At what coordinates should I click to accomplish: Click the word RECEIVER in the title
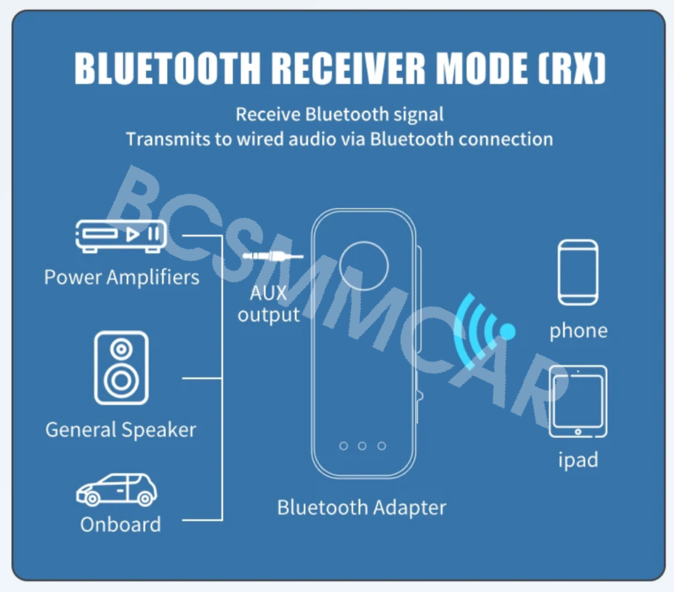[348, 68]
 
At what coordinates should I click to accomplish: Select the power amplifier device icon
[121, 236]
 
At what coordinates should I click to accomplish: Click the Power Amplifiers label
[122, 277]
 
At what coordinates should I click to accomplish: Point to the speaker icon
[121, 367]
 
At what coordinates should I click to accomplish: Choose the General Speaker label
[121, 430]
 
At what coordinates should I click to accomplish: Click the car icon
[117, 490]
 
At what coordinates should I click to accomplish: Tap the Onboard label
[120, 525]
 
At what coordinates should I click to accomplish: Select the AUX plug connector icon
[272, 256]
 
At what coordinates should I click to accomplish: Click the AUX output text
[268, 304]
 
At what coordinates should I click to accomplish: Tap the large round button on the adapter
[364, 266]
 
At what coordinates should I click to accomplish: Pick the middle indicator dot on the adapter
[362, 446]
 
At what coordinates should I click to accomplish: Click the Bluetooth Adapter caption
[361, 507]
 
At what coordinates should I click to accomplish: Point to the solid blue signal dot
[508, 331]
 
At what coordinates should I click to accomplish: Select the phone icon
[578, 272]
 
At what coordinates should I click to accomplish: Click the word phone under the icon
[578, 331]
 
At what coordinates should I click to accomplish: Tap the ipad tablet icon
[578, 401]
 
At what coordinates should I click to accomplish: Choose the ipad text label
[578, 460]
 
